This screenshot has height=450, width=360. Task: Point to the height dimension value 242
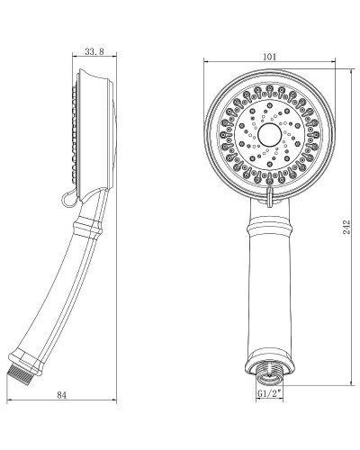pos(347,229)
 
